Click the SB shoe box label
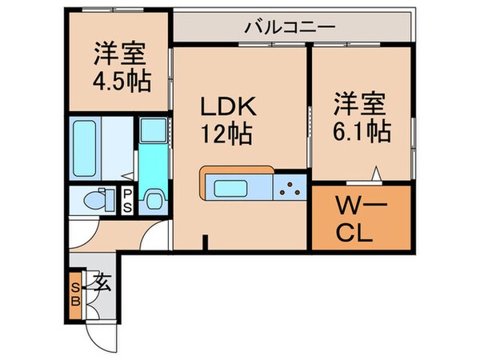tap(76, 296)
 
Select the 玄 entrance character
tap(102, 282)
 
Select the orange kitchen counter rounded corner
tap(206, 172)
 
